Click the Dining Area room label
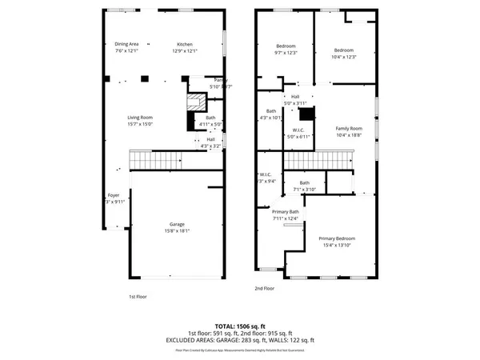coord(127,44)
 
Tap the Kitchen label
coord(185,44)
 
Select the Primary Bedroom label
coord(337,239)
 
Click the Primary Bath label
coord(285,212)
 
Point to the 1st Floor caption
coord(138,296)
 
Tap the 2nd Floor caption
coord(264,288)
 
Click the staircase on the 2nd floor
coord(318,162)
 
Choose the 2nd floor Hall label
coord(295,97)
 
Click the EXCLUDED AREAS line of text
coord(240,340)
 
